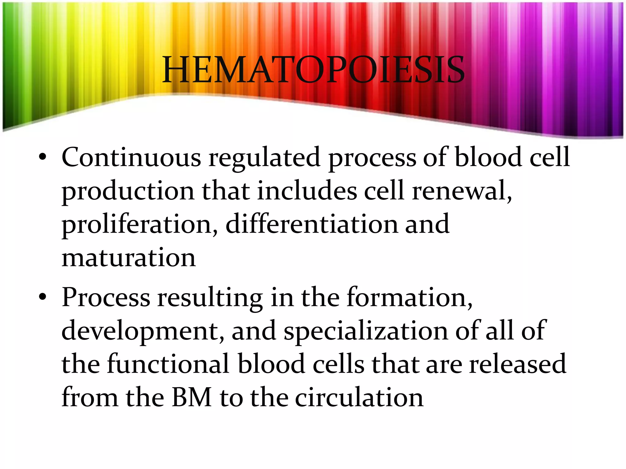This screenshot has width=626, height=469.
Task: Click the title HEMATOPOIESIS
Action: point(313,70)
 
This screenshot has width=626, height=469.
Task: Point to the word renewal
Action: point(461,191)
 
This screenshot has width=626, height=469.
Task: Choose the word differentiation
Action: point(311,224)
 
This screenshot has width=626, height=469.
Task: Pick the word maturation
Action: point(129,258)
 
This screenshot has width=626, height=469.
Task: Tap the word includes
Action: point(307,191)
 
